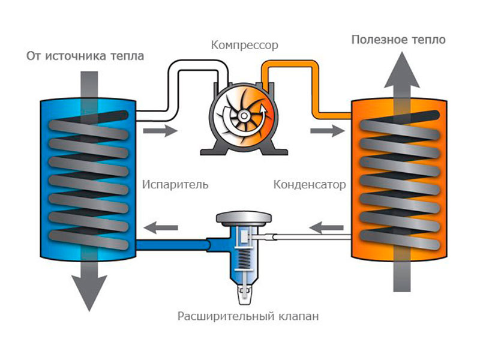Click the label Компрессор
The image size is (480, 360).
tap(245, 45)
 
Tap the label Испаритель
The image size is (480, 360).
tap(175, 184)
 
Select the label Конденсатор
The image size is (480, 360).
tap(310, 184)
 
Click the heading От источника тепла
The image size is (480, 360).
tap(85, 57)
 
